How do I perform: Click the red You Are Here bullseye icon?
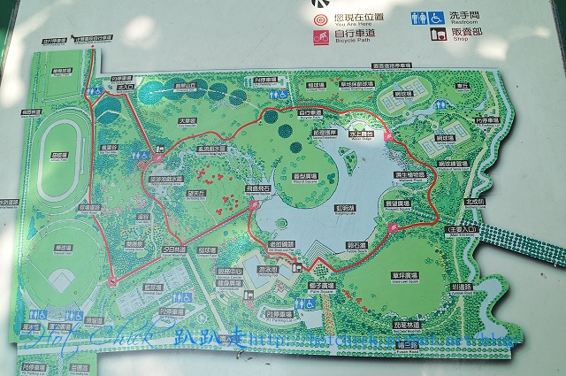point(319,17)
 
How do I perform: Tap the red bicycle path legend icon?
point(319,37)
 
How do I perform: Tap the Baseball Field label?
point(62,249)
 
